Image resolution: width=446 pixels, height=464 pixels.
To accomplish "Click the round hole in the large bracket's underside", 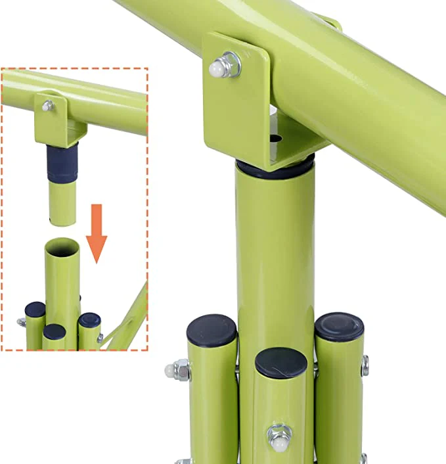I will (275, 139).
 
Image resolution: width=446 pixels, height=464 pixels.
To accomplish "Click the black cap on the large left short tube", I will (212, 330).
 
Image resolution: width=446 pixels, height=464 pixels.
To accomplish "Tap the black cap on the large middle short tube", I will (281, 362).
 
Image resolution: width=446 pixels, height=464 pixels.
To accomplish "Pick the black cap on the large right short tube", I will (339, 326).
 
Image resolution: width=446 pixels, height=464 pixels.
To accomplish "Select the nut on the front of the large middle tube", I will (279, 436).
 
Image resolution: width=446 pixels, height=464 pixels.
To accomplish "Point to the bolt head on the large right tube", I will (365, 365).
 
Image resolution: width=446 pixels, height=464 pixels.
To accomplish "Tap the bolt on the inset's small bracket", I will (47, 106).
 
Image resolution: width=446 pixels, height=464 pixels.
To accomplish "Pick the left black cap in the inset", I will (35, 309).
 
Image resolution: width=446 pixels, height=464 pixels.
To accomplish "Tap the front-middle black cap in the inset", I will (55, 331).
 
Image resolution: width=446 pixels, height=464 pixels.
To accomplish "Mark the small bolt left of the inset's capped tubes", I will (21, 322).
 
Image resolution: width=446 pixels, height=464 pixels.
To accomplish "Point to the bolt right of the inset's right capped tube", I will (100, 338).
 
